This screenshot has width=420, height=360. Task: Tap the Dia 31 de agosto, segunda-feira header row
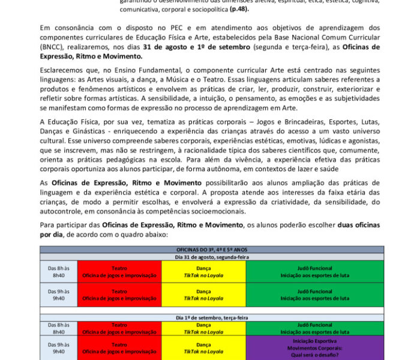pos(211,256)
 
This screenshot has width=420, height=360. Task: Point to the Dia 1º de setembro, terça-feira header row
pos(211,317)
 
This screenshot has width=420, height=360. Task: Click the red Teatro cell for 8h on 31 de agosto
pos(119,272)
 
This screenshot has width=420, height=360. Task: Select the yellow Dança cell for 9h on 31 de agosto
pos(203,295)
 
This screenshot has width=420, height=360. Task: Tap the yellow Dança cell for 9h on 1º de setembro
pos(203,347)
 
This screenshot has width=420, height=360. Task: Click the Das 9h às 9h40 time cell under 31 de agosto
pos(59,295)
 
